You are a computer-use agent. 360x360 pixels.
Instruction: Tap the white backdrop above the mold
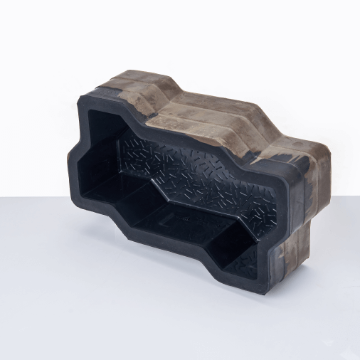(178, 36)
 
